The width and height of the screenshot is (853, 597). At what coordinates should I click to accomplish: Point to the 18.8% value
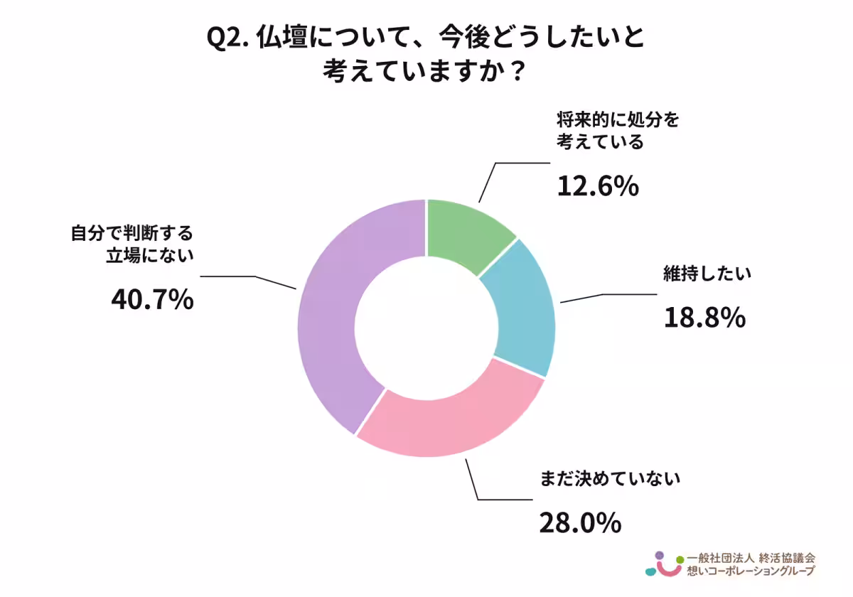[704, 318]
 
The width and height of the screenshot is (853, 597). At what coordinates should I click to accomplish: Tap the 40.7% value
[152, 299]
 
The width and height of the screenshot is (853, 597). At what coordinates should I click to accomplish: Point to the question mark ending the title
[520, 72]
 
